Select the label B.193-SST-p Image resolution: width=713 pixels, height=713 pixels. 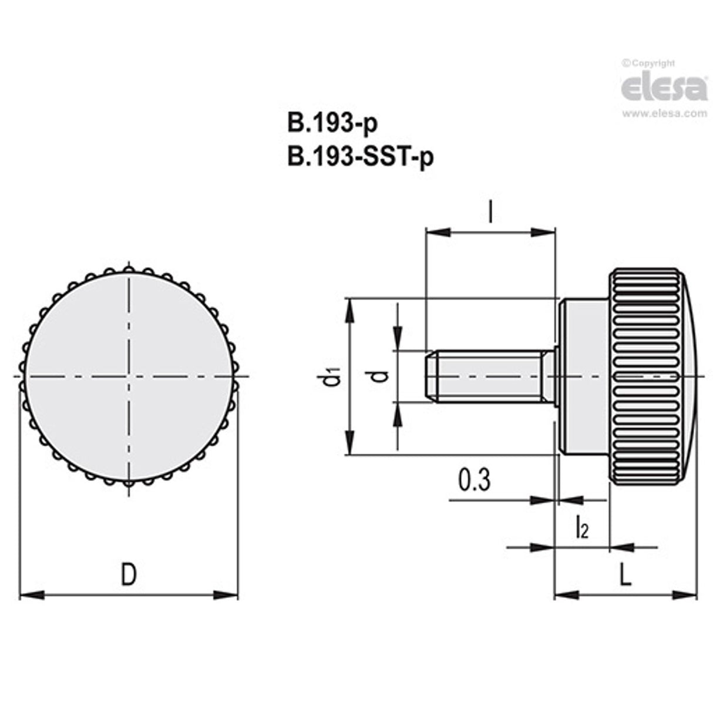tap(361, 157)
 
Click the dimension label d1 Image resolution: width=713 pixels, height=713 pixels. tap(333, 376)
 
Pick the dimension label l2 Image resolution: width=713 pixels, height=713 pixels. tap(581, 527)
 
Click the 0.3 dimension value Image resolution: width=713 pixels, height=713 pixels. tap(473, 480)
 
